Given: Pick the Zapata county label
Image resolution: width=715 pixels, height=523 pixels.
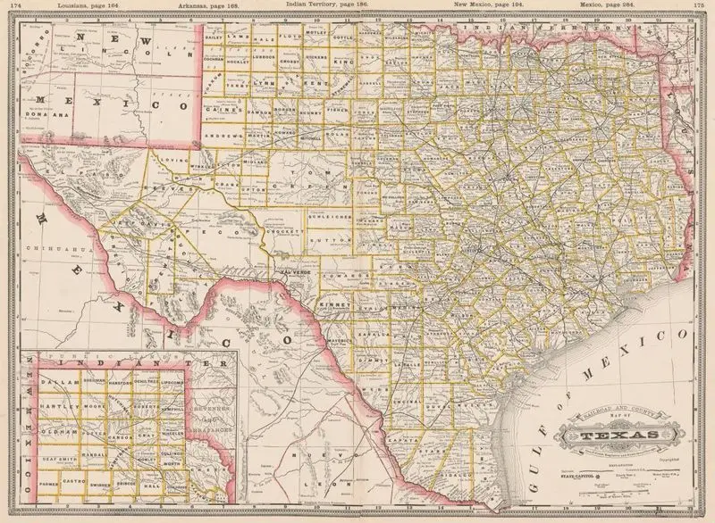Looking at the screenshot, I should (x=401, y=441).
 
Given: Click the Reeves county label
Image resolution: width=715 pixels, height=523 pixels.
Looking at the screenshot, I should (x=178, y=189).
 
